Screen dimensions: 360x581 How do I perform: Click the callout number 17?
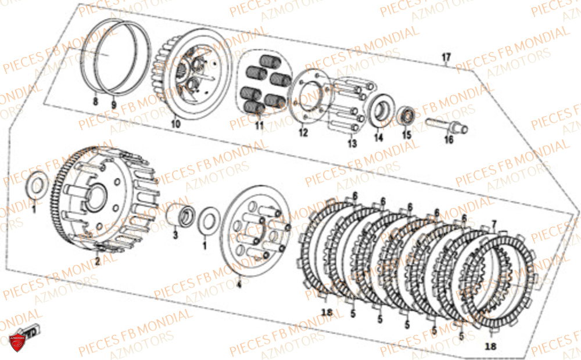(x=446, y=57)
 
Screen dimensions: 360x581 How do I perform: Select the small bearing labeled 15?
(x=406, y=115)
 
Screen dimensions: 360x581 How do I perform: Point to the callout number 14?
(x=379, y=138)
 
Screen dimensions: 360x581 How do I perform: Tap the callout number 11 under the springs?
(x=259, y=125)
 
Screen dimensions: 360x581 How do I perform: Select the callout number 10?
(x=175, y=124)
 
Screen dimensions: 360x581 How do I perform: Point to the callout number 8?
(x=96, y=102)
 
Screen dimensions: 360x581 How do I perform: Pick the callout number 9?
(x=114, y=105)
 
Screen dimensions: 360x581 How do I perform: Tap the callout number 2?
(x=97, y=262)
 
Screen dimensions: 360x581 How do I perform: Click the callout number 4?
(x=238, y=285)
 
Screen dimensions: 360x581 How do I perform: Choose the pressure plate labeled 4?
(x=256, y=227)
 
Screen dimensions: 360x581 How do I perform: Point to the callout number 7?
(x=494, y=224)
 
